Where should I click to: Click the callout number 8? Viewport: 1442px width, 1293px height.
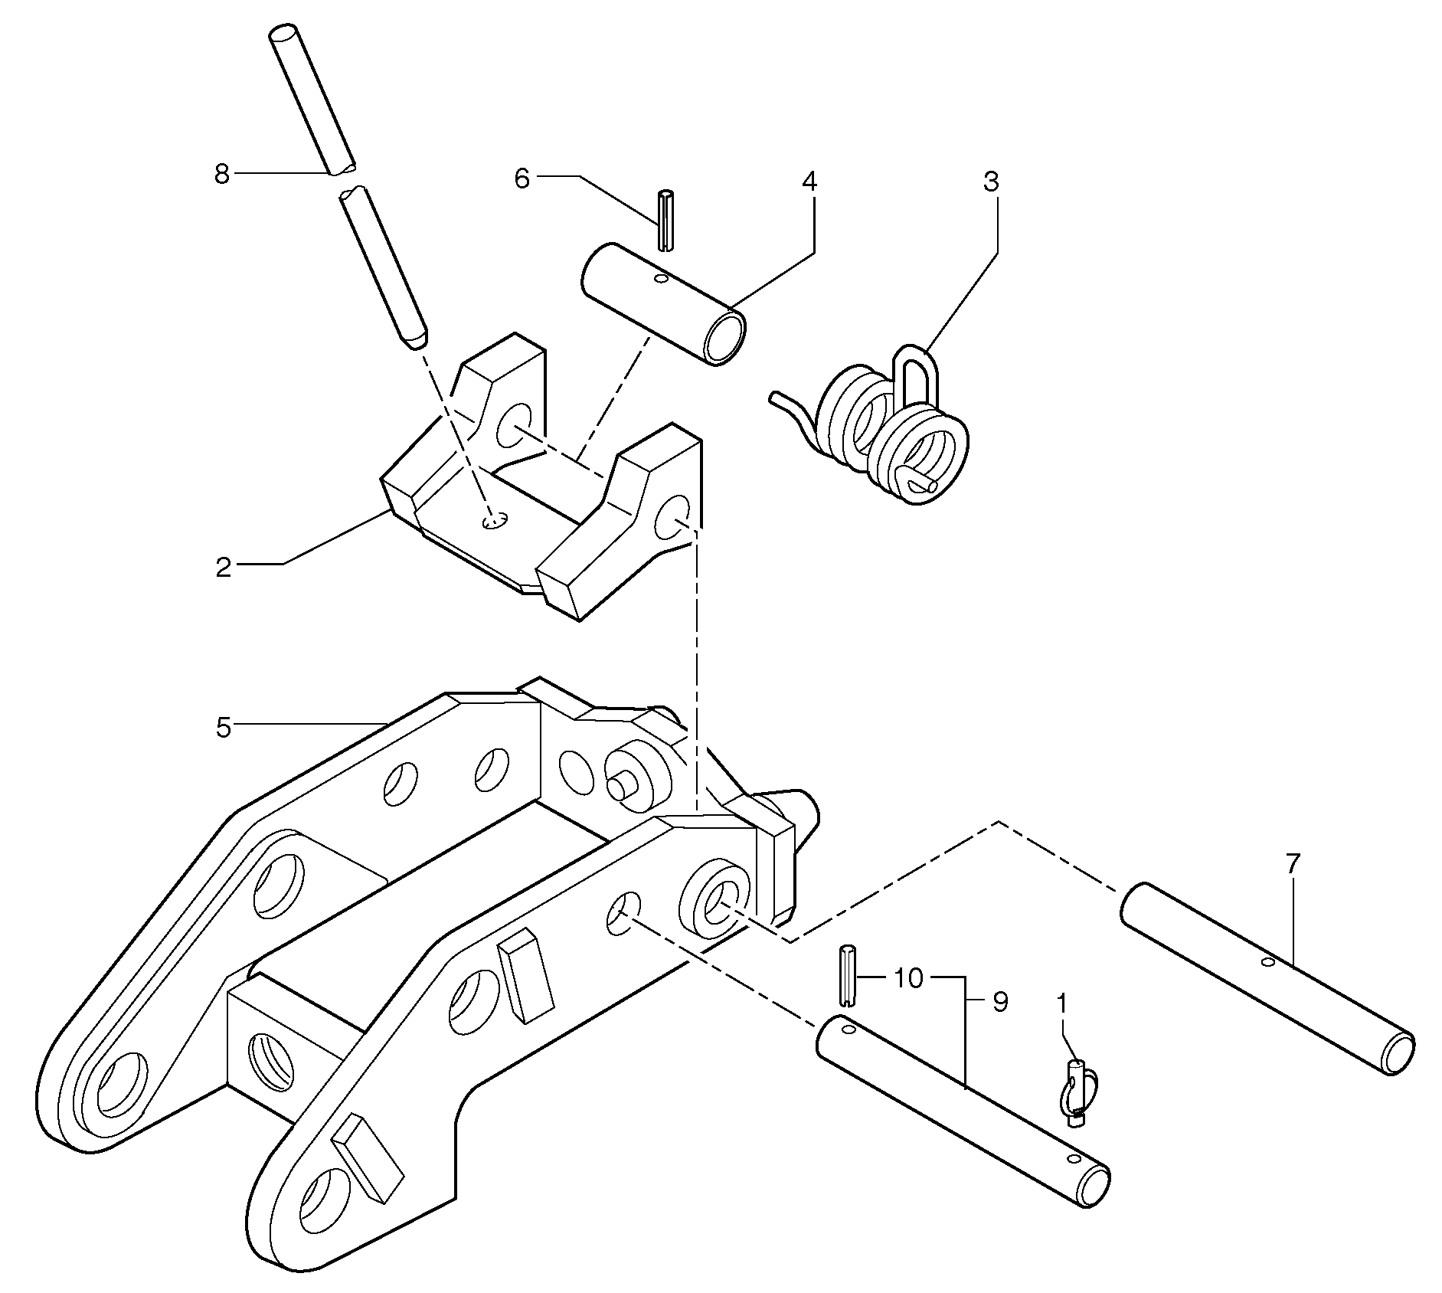pyautogui.click(x=222, y=175)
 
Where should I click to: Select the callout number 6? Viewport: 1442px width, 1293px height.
pyautogui.click(x=522, y=178)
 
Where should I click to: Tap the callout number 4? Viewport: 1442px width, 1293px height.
pyautogui.click(x=809, y=182)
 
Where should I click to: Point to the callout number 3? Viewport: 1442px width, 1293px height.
pyautogui.click(x=991, y=182)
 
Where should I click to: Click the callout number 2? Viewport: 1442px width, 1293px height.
pyautogui.click(x=223, y=568)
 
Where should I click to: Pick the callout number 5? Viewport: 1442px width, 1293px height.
pyautogui.click(x=223, y=727)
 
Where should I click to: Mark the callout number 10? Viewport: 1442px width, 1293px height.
pyautogui.click(x=908, y=978)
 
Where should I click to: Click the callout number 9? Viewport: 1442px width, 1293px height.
pyautogui.click(x=1000, y=1002)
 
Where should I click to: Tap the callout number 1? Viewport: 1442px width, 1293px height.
pyautogui.click(x=1061, y=1002)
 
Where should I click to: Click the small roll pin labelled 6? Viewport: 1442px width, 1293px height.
pyautogui.click(x=665, y=219)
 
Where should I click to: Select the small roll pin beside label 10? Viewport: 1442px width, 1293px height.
pyautogui.click(x=847, y=974)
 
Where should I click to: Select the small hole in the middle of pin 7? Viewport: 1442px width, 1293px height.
pyautogui.click(x=1268, y=961)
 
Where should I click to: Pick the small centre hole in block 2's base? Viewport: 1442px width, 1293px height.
pyautogui.click(x=494, y=521)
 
